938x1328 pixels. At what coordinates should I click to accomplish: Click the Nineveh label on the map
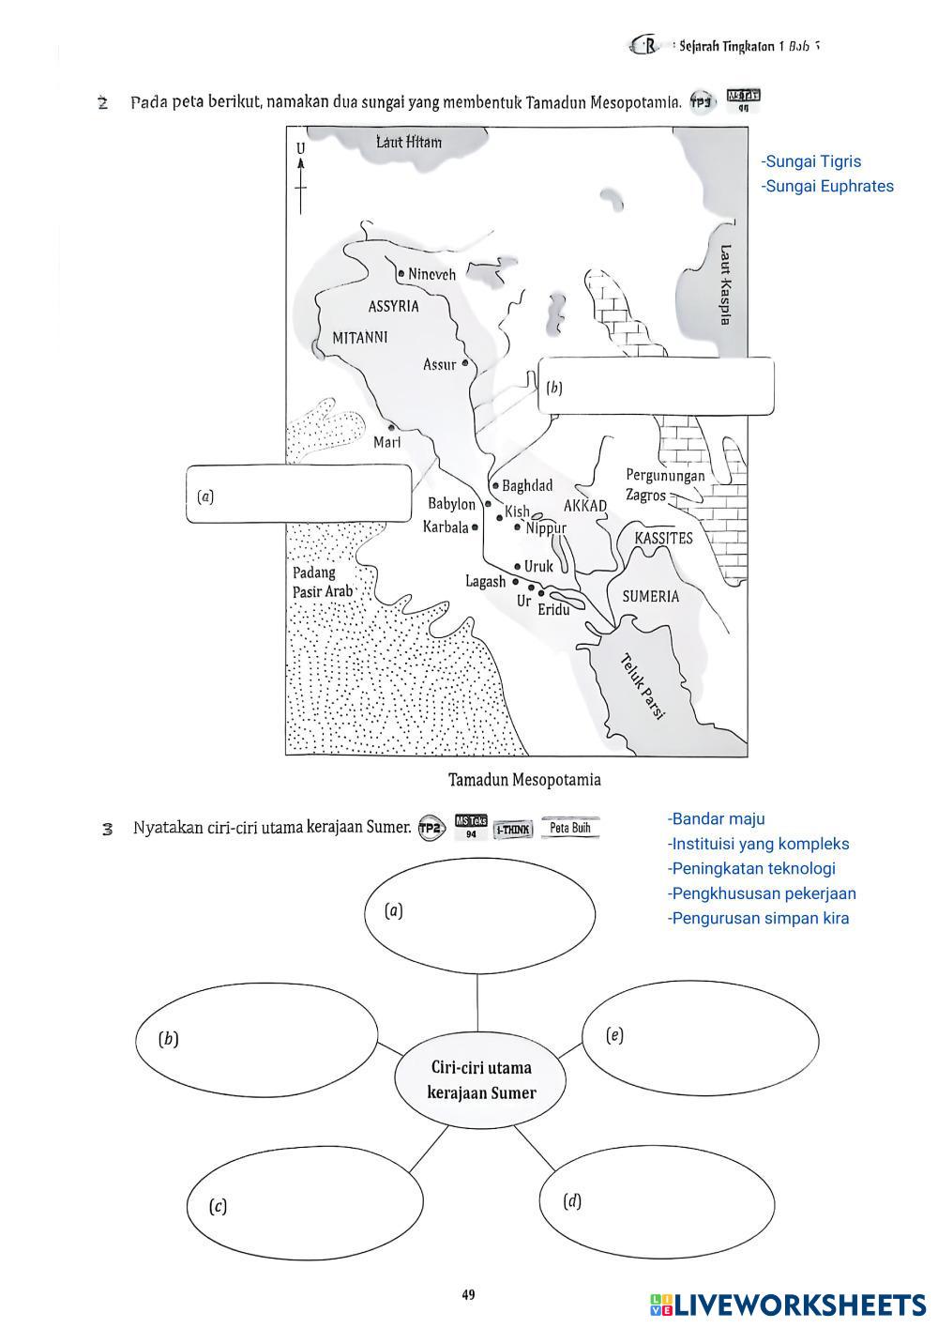coord(431,275)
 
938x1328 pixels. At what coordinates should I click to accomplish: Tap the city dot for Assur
coord(465,363)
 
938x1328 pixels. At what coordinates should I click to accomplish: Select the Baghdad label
coord(526,485)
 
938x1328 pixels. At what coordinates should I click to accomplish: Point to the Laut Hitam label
coord(409,142)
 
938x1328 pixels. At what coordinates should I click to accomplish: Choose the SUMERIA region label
coord(651,596)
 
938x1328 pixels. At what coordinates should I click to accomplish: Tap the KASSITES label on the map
coord(663,538)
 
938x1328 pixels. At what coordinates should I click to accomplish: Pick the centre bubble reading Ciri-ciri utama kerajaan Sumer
coord(481,1080)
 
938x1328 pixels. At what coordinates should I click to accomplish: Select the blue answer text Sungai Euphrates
coord(827,186)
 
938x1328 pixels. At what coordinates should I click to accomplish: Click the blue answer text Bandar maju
coord(718,819)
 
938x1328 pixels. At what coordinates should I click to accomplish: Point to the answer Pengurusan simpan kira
coord(759,918)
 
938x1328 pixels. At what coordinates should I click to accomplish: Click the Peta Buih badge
coord(569,828)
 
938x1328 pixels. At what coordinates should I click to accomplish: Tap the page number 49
coord(468,1295)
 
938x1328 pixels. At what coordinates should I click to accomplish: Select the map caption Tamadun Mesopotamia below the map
coord(523,780)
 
